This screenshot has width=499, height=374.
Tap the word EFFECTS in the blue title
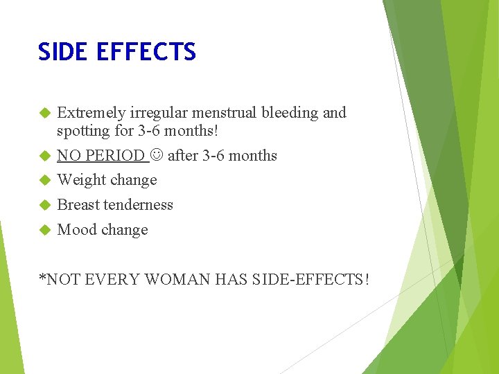coord(147,52)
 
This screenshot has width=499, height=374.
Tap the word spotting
coord(83,131)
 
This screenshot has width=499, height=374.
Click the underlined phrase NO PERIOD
coord(100,156)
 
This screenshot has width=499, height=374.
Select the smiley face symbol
coord(156,156)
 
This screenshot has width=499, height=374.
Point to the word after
coord(182,156)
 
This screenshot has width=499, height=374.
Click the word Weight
coord(79,180)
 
